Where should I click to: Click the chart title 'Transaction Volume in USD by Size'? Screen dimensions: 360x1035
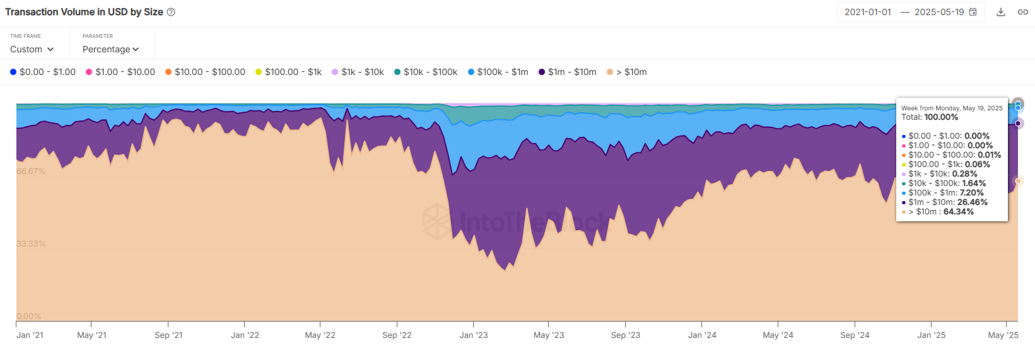tap(84, 12)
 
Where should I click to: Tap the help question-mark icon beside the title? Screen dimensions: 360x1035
tap(171, 12)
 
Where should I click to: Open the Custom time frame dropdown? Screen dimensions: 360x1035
tap(32, 49)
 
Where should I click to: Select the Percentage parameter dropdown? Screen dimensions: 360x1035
tap(110, 49)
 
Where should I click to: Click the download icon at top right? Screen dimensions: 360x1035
tap(1001, 12)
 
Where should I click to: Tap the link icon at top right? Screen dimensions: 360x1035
tap(1023, 12)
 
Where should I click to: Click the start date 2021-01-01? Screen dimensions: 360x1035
tap(868, 12)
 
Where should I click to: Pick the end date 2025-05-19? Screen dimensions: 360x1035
tap(939, 12)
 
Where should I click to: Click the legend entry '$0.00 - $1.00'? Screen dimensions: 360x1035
tap(43, 72)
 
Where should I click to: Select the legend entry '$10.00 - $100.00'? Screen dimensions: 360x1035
tap(205, 72)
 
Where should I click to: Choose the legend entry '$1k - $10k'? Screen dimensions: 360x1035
tap(358, 72)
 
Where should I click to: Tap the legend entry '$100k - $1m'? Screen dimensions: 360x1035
tap(498, 72)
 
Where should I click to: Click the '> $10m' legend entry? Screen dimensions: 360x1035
tap(627, 72)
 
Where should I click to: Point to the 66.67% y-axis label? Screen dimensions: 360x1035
tap(31, 171)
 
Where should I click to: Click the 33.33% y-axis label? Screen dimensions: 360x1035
tap(31, 244)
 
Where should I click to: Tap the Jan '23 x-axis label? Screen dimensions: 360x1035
tap(474, 335)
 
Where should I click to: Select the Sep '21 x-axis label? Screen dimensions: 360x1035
tap(168, 335)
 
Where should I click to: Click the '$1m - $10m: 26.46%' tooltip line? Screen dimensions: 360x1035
tap(947, 202)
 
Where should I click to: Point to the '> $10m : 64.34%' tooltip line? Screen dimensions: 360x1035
tap(940, 212)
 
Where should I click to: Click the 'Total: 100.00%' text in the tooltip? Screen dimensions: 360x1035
tap(930, 117)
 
